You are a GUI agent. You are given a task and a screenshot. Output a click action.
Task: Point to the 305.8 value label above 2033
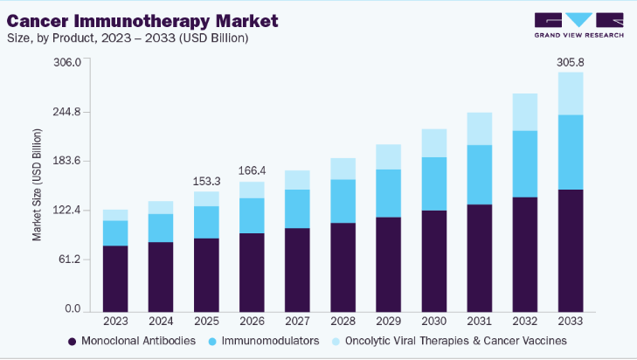coord(571,62)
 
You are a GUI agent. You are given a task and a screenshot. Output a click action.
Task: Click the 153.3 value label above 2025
coord(206,181)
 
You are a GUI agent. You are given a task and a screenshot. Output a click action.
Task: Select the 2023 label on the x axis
coord(115,322)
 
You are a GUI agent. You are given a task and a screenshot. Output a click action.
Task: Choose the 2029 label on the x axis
coord(388,322)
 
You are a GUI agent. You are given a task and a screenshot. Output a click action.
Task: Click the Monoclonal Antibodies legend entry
coord(132,341)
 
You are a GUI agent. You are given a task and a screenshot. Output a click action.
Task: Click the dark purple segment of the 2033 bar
coord(571,249)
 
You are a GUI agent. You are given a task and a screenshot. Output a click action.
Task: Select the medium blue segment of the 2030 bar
coord(433,183)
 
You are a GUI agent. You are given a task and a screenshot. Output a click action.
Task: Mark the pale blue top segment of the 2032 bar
coord(525,112)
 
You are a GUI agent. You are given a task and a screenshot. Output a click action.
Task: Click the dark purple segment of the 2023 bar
coord(115,278)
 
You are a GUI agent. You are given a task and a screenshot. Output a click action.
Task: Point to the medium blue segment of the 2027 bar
coord(297,209)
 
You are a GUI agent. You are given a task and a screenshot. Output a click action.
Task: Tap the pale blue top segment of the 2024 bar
coord(161,207)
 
